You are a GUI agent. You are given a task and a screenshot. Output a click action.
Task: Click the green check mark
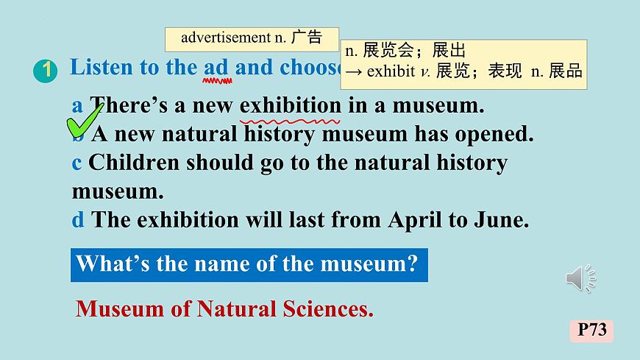(85, 121)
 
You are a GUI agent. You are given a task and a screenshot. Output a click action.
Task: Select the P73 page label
(591, 330)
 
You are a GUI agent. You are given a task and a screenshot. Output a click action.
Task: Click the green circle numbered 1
(46, 71)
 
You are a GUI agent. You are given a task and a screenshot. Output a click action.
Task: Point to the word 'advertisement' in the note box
(224, 38)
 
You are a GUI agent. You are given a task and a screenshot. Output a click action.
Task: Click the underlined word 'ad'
(216, 68)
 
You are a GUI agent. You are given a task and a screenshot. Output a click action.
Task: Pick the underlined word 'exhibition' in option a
(291, 105)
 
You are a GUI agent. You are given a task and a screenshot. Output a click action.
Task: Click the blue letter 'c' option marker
(77, 163)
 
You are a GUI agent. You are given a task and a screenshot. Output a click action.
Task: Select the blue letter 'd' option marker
(78, 219)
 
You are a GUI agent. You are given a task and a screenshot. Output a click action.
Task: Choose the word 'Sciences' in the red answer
(328, 309)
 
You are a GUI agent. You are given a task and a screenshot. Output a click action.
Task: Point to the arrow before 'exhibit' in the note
(354, 71)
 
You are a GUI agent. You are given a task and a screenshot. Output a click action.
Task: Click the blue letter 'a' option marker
(77, 105)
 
